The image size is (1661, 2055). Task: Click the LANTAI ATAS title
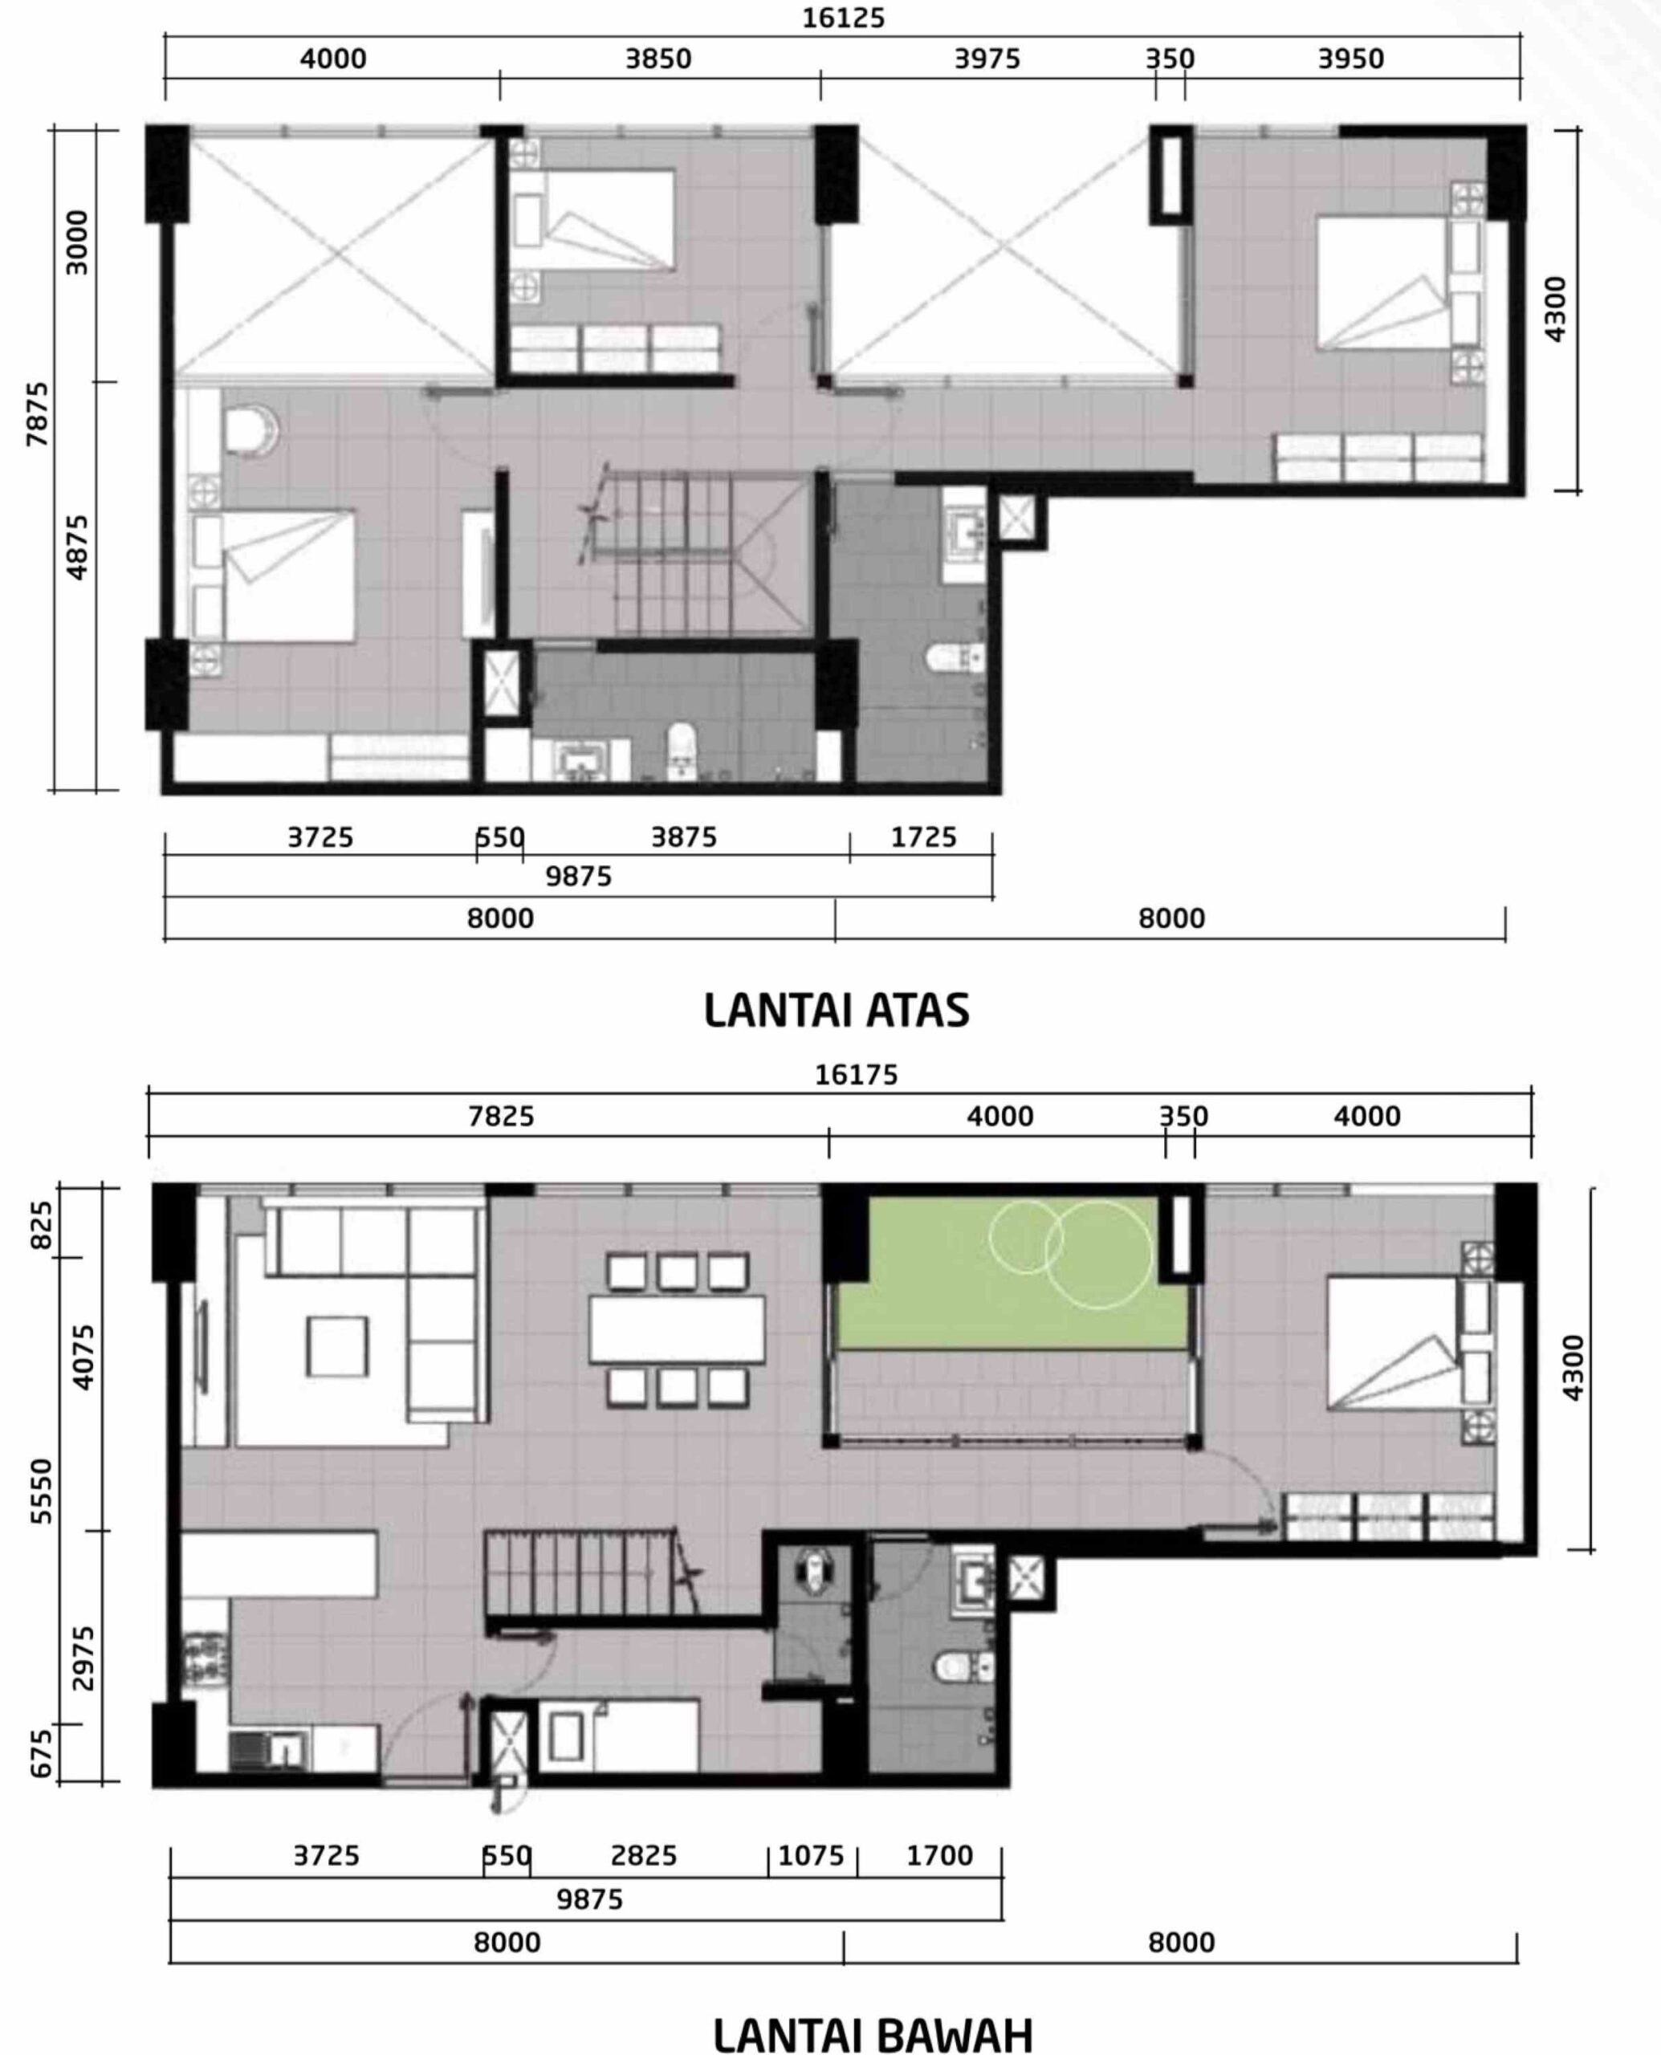coord(837,1011)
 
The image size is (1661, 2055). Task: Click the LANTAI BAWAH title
coord(873,2035)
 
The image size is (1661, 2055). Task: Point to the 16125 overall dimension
coord(843,18)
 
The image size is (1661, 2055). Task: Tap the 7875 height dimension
coord(36,413)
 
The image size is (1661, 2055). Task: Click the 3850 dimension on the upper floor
coord(658,59)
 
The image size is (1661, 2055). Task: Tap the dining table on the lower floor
coord(677,1328)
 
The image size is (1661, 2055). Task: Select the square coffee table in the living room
coord(337,1346)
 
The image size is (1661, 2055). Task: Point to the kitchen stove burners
coord(206,1662)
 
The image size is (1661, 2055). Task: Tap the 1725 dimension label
coord(923,837)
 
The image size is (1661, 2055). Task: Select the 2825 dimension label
coord(643,1856)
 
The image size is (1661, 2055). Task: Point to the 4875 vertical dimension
coord(76,547)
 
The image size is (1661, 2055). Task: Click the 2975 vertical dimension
coord(84,1657)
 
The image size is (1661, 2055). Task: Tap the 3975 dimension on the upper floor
coord(987,59)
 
